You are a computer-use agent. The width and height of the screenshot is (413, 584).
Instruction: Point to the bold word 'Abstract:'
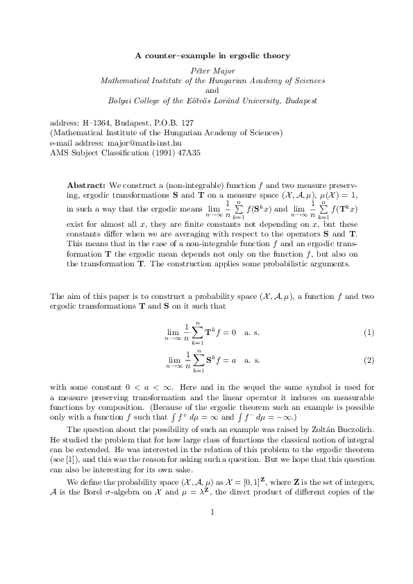[x=86, y=186]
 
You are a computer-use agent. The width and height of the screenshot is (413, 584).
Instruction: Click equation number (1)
[x=369, y=334]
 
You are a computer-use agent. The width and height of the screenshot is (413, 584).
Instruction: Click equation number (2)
[x=369, y=361]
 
